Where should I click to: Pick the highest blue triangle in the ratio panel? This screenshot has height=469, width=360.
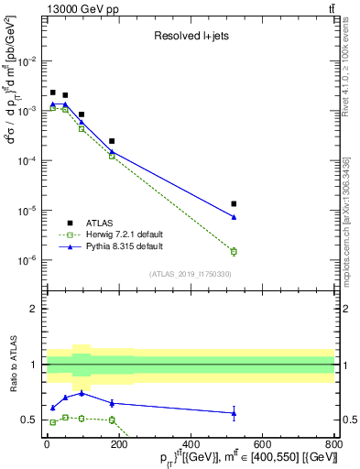[x=82, y=393]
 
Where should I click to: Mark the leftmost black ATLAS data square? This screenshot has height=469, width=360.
[x=53, y=93]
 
